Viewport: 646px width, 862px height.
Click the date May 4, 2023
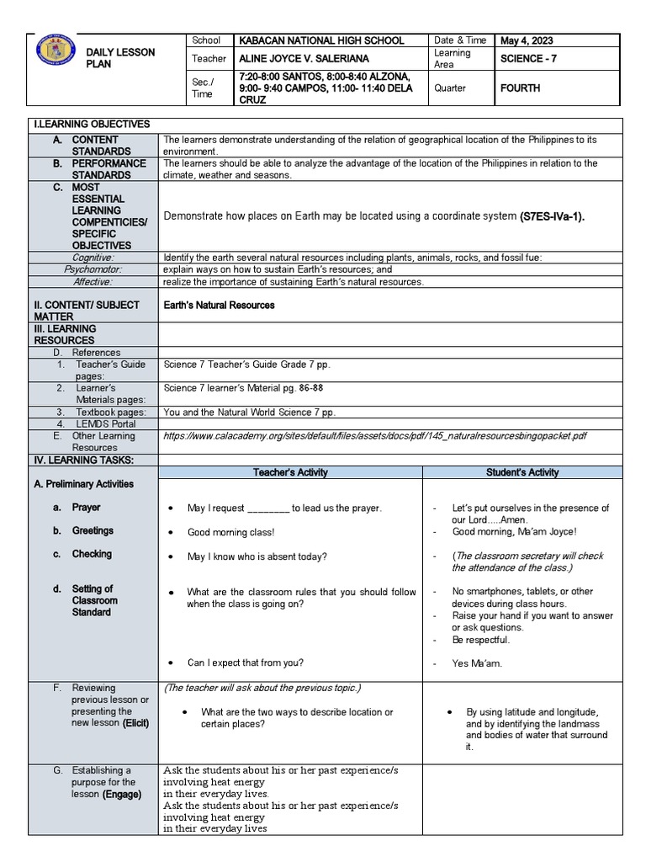pyautogui.click(x=527, y=40)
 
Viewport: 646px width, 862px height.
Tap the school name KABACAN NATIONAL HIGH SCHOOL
pyautogui.click(x=310, y=40)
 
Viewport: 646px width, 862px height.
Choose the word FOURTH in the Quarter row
pyautogui.click(x=520, y=88)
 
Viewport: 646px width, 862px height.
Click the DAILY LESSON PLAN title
pyautogui.click(x=121, y=58)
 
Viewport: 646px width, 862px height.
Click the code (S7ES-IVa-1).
pyautogui.click(x=552, y=216)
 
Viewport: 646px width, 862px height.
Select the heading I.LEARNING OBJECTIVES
pyautogui.click(x=91, y=125)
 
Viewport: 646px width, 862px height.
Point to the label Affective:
pyautogui.click(x=93, y=281)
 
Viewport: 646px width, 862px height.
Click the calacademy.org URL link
pyautogui.click(x=375, y=436)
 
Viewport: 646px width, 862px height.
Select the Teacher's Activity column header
pyautogui.click(x=290, y=472)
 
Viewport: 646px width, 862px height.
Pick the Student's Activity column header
pyautogui.click(x=522, y=472)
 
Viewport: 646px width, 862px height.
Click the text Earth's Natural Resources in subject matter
pyautogui.click(x=220, y=305)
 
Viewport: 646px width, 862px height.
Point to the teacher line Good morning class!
pyautogui.click(x=230, y=532)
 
